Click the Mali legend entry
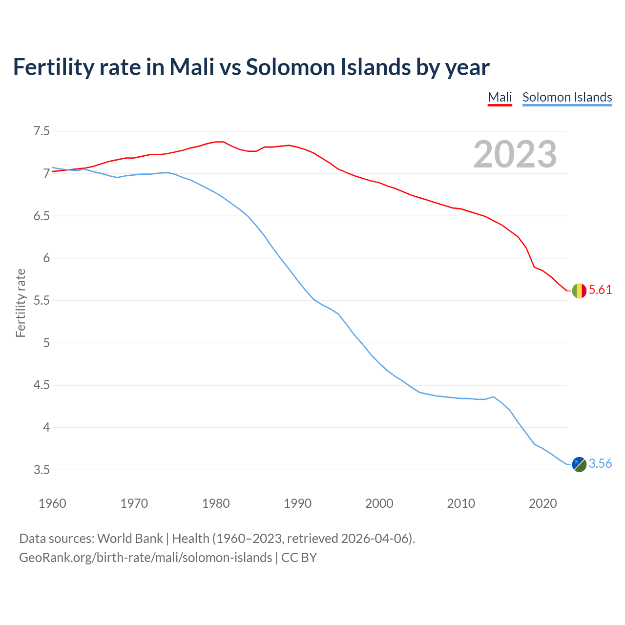[500, 97]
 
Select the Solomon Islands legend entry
[567, 97]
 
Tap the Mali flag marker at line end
[579, 291]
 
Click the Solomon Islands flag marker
[579, 464]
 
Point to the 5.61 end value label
[600, 290]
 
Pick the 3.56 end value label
[600, 463]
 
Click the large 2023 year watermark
[515, 154]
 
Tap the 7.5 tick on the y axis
[42, 131]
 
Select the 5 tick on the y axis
[46, 343]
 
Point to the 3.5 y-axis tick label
[42, 470]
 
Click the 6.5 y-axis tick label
[42, 216]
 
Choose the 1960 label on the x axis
[52, 503]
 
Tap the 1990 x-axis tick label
[297, 503]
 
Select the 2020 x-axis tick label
[542, 503]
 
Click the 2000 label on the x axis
[379, 503]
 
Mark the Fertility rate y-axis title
[21, 303]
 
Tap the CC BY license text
[299, 558]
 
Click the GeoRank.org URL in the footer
[146, 558]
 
